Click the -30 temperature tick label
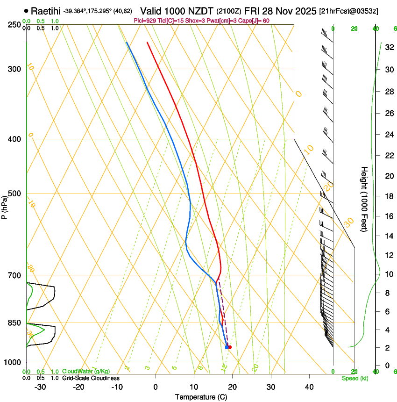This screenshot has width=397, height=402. click(x=40, y=387)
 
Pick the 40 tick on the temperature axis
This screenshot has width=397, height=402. click(x=309, y=387)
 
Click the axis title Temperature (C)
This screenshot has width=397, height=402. click(x=201, y=397)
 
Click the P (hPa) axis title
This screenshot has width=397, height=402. click(x=5, y=206)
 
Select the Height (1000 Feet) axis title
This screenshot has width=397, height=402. click(x=364, y=199)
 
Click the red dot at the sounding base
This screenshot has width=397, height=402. click(x=230, y=347)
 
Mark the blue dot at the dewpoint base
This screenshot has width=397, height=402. click(x=227, y=347)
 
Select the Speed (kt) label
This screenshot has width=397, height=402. click(x=354, y=378)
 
